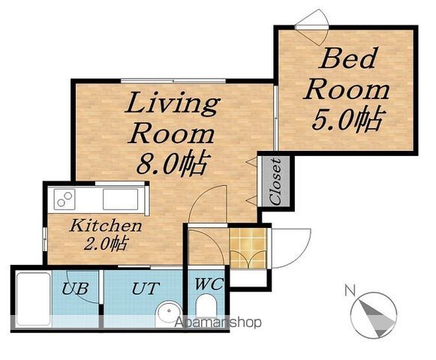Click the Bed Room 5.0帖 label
(x=347, y=89)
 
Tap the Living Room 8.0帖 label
(x=173, y=133)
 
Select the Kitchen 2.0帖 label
(x=106, y=235)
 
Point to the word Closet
(x=275, y=181)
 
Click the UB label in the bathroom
(x=75, y=289)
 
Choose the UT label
(x=146, y=289)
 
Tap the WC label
(x=209, y=283)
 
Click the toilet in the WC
(x=206, y=306)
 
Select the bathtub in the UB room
(x=33, y=299)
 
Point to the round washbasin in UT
(x=169, y=313)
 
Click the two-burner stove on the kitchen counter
(x=65, y=199)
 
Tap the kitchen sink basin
(x=120, y=199)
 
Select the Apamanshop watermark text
(x=218, y=322)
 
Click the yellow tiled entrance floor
(x=248, y=248)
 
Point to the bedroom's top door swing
(x=312, y=27)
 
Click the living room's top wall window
(x=173, y=81)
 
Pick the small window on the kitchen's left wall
(x=45, y=238)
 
